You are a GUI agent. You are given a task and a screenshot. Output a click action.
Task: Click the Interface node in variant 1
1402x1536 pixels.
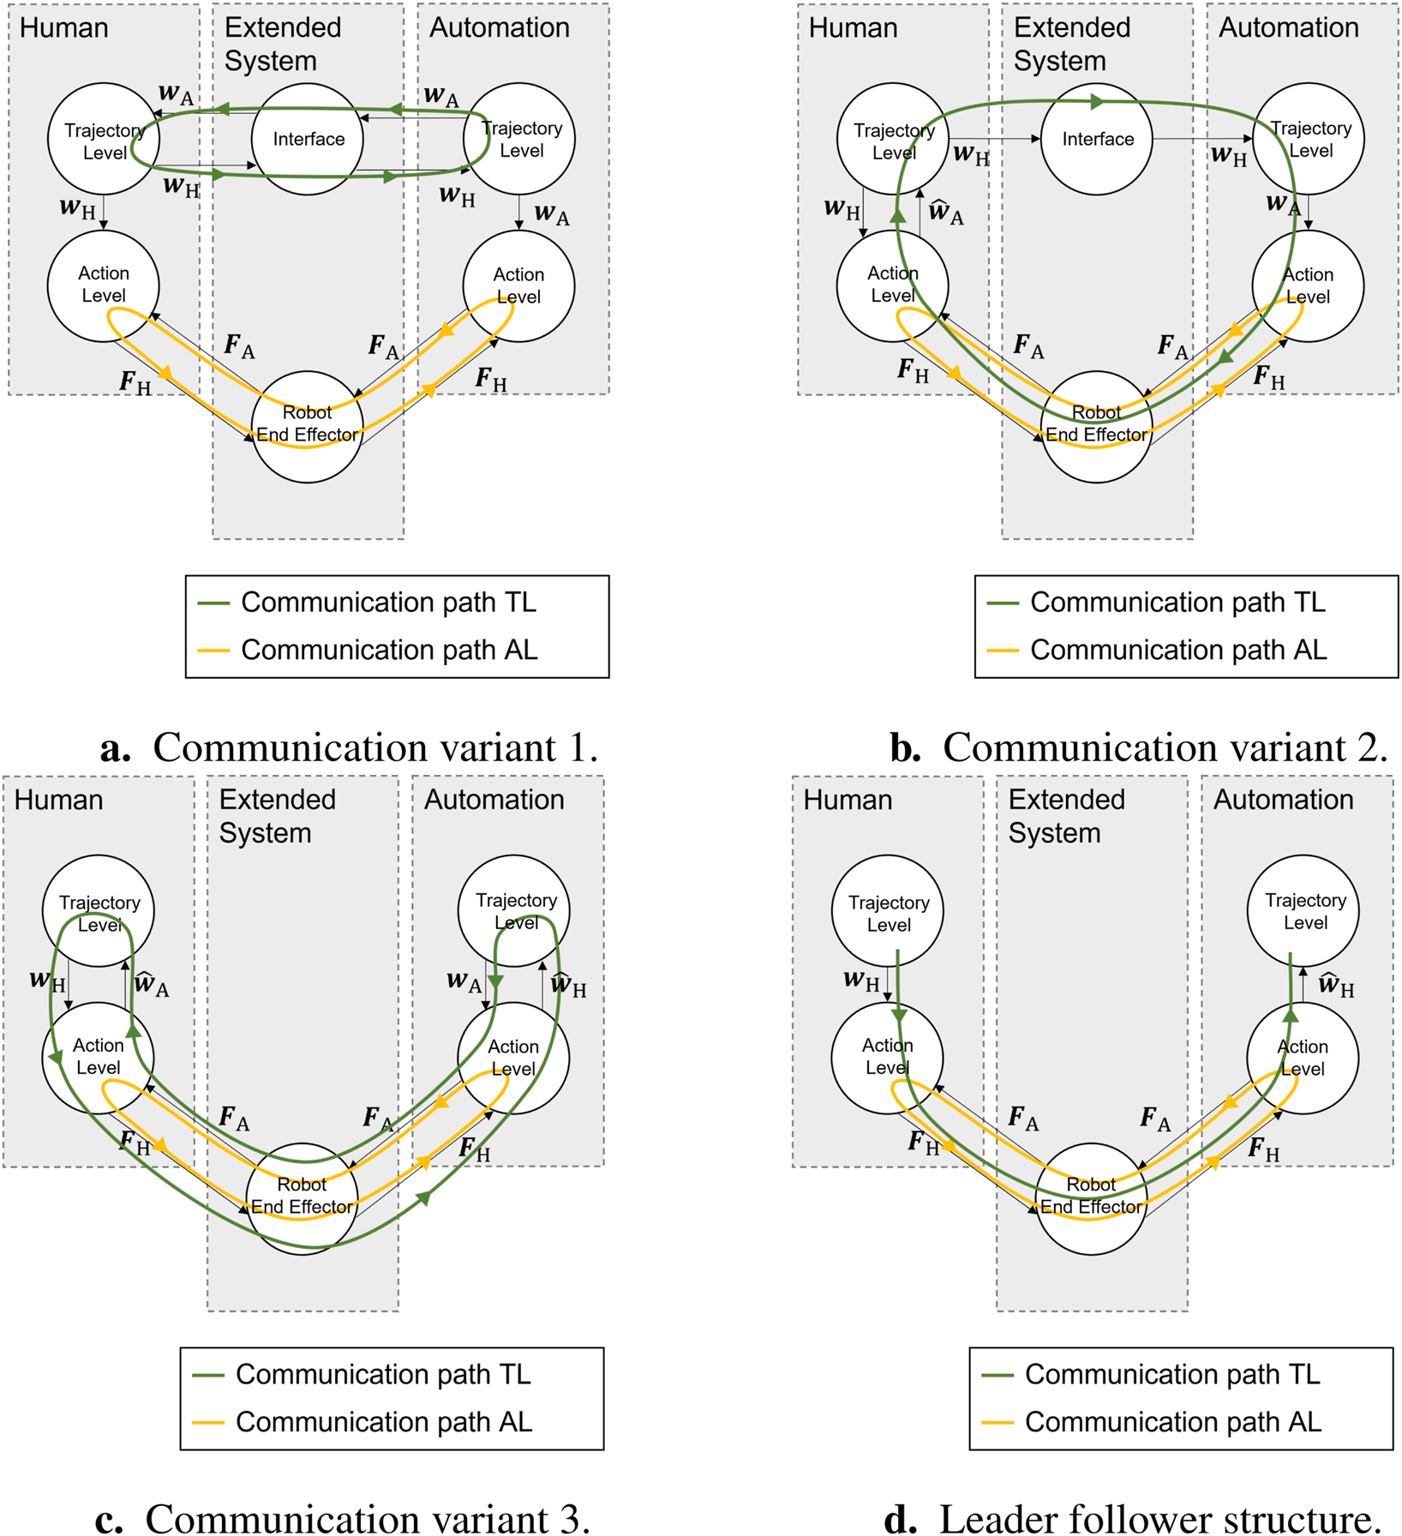click(x=308, y=139)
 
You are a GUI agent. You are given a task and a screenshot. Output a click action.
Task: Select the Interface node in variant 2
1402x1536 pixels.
click(x=1097, y=139)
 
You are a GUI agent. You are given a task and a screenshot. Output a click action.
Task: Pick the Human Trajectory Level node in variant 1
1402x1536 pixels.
click(x=103, y=139)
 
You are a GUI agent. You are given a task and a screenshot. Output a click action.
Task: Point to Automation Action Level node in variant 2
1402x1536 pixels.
click(x=1307, y=285)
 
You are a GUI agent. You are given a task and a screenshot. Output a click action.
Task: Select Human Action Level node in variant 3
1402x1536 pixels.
click(x=98, y=1057)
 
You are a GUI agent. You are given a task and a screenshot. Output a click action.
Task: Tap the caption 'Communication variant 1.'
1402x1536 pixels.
click(x=350, y=747)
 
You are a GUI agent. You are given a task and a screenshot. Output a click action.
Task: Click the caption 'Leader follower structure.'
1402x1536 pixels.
click(x=1133, y=1519)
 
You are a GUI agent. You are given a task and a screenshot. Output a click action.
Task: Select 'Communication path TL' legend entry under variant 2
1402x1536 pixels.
click(x=1177, y=603)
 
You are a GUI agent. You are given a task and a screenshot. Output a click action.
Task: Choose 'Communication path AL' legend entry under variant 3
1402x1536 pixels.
click(x=383, y=1421)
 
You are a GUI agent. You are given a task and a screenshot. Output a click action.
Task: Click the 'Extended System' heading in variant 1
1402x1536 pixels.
click(x=283, y=44)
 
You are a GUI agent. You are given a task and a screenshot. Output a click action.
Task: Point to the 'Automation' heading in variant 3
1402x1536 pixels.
click(x=494, y=800)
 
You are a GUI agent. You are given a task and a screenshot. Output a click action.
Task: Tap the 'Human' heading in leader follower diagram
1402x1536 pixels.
click(x=848, y=800)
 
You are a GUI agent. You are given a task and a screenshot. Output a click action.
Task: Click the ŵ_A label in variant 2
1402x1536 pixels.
click(x=946, y=212)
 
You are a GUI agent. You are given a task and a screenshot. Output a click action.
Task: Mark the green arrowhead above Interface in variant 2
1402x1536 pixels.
click(x=1096, y=102)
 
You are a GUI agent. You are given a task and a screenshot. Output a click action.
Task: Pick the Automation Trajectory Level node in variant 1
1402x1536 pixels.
click(x=518, y=139)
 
